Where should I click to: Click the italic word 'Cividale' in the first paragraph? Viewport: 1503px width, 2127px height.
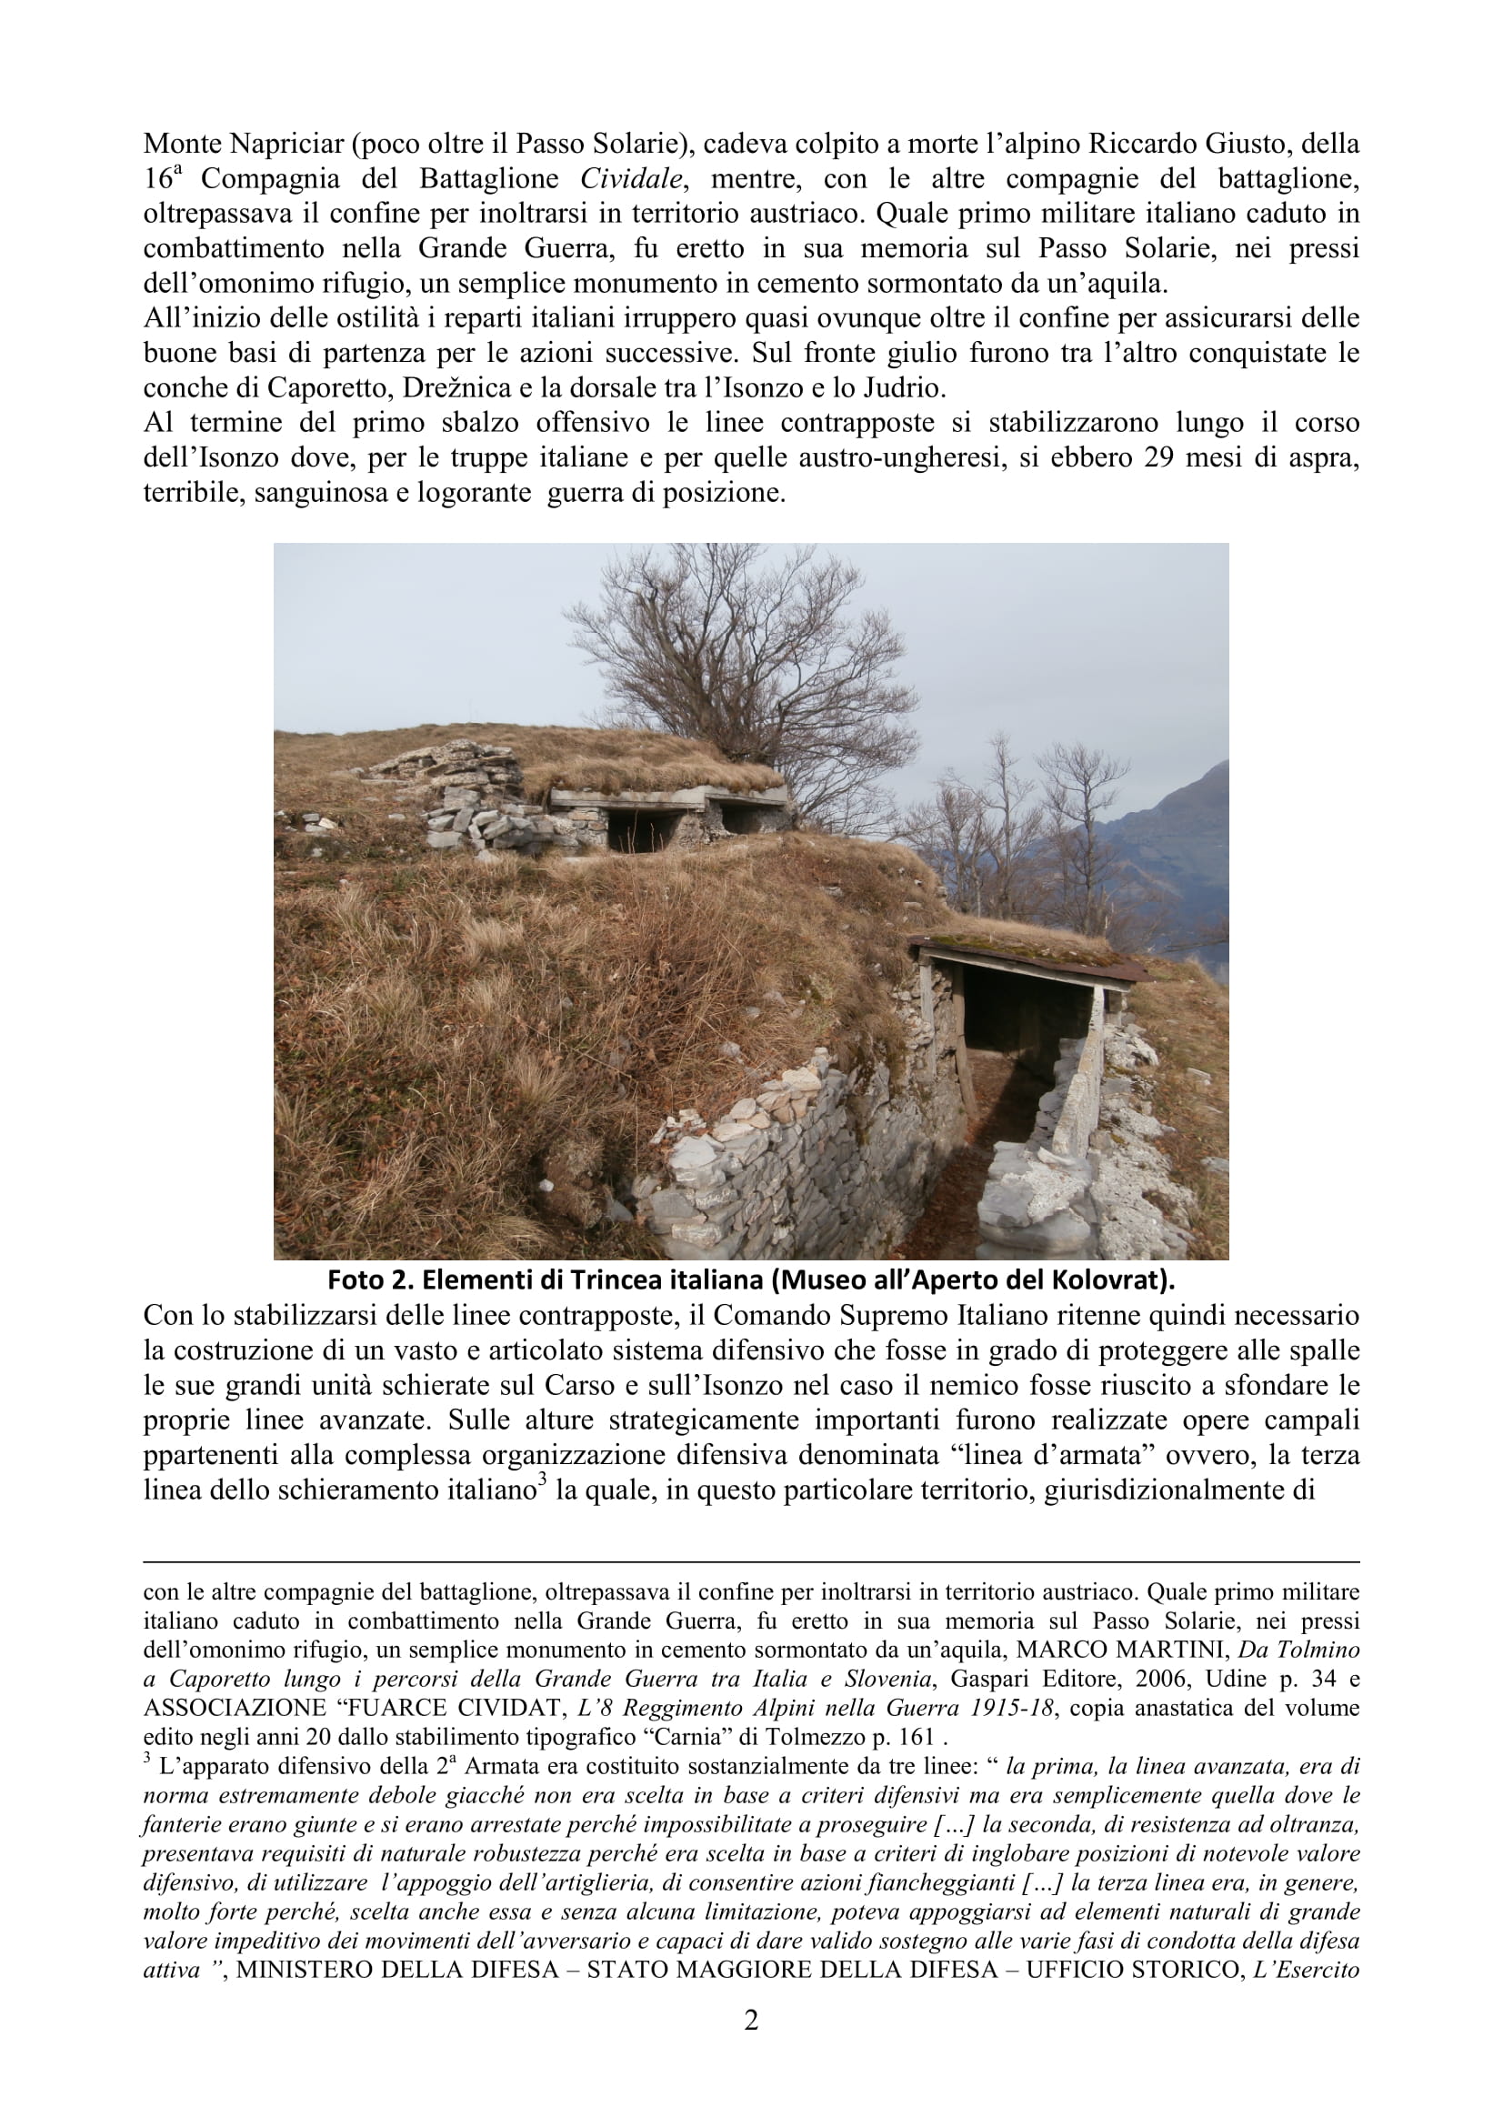pos(632,179)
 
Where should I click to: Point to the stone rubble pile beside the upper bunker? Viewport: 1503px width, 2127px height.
pos(463,797)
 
